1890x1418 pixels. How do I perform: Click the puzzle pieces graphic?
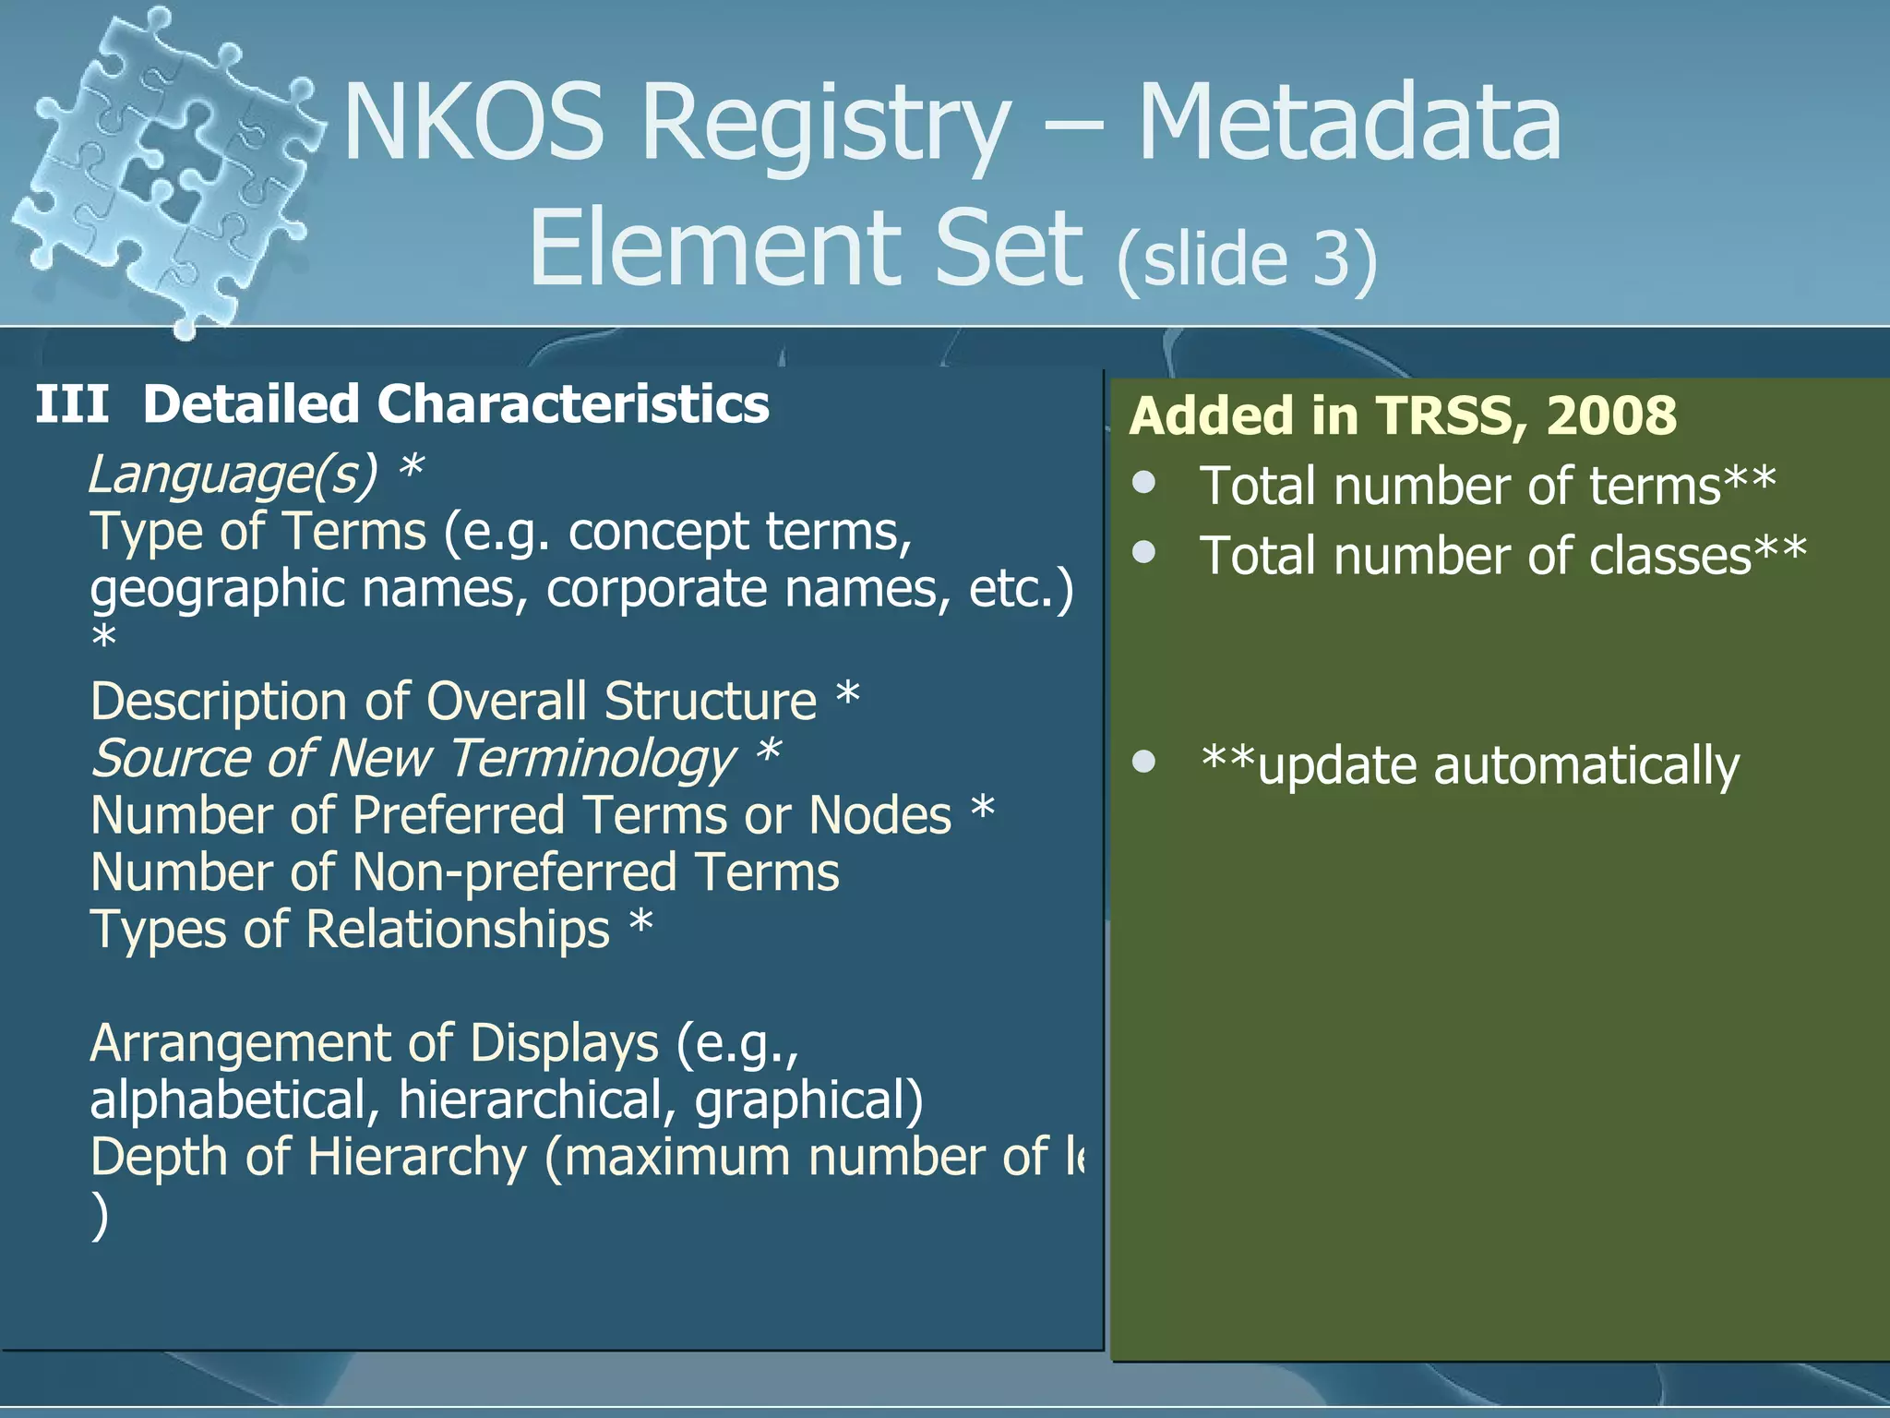(x=166, y=171)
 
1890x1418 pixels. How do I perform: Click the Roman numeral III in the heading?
(x=72, y=404)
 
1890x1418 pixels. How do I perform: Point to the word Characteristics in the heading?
(x=572, y=404)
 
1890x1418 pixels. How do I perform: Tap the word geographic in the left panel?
(x=218, y=589)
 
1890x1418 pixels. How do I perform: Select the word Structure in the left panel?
(x=711, y=702)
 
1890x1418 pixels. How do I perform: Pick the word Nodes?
(x=879, y=816)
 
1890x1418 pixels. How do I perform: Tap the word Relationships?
(x=458, y=930)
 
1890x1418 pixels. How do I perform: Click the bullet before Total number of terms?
(x=1144, y=483)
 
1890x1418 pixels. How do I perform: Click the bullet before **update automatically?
(x=1144, y=762)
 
